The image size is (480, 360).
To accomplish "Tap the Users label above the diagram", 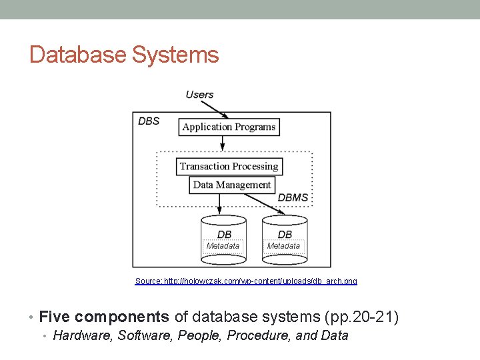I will (x=199, y=95).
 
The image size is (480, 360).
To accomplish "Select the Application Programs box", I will (x=229, y=127).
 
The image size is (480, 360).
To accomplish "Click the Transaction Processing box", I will (x=229, y=167).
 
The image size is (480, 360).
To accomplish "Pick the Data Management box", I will (x=231, y=185).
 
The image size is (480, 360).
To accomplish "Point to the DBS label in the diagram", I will (x=149, y=121).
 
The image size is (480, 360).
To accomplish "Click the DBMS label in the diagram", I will (x=293, y=197).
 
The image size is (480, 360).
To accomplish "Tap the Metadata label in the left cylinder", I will (x=223, y=246).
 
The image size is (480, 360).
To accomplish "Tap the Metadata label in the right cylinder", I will (x=283, y=246).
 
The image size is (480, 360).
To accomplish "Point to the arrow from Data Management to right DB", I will (x=263, y=203).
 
